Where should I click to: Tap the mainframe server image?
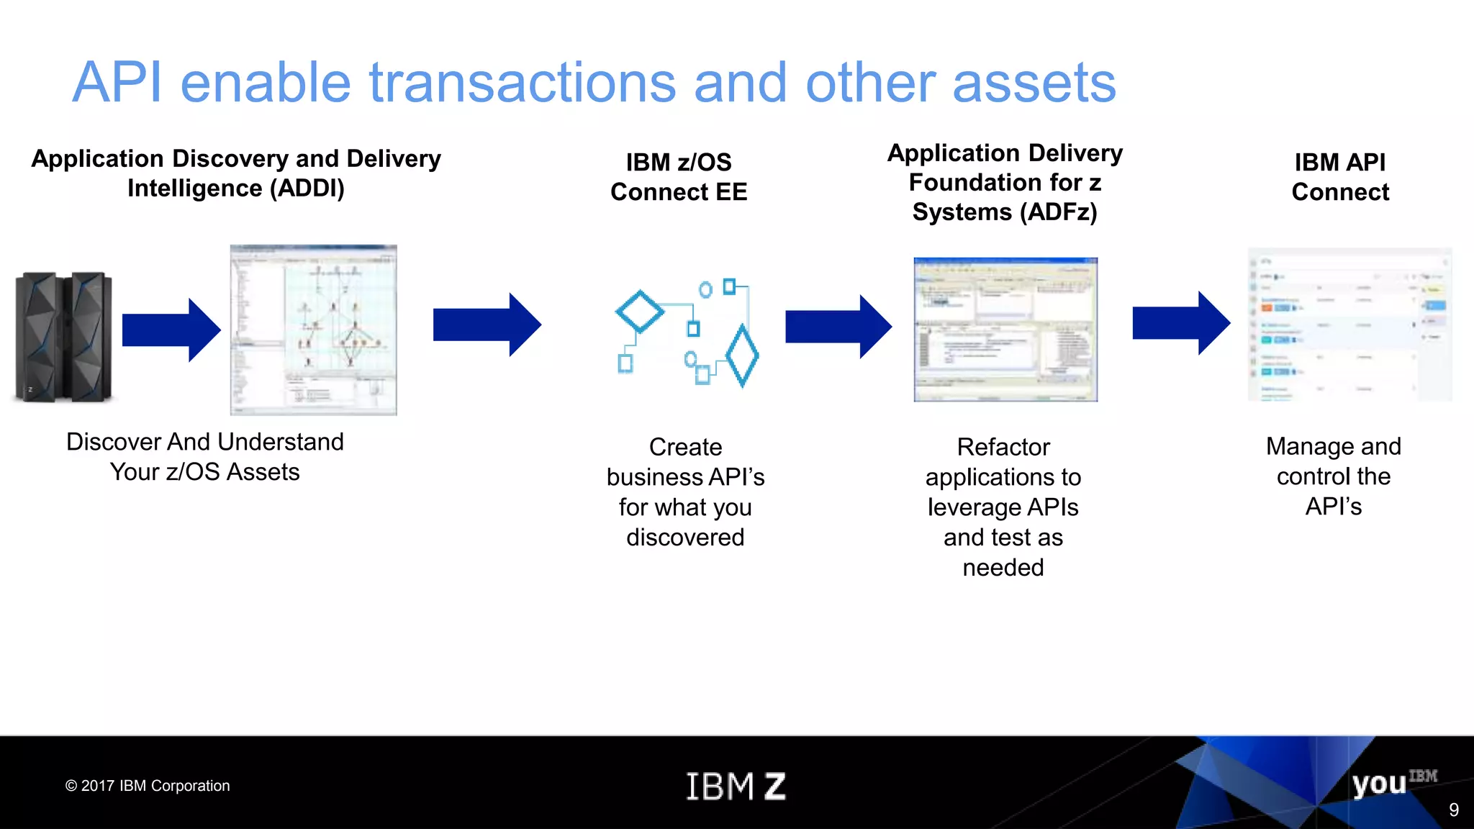(x=63, y=336)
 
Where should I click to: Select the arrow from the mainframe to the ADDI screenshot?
(x=171, y=330)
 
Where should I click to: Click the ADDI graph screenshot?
(x=313, y=330)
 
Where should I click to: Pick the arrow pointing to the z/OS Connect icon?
(x=487, y=325)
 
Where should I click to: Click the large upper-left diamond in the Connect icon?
(x=639, y=312)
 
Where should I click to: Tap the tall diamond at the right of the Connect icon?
(x=742, y=355)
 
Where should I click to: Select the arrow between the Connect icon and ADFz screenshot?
(x=838, y=326)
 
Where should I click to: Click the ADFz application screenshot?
(x=1005, y=330)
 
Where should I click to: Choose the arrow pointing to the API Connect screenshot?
(x=1180, y=323)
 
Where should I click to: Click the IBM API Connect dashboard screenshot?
(x=1349, y=325)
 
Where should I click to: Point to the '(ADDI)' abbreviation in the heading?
(x=307, y=189)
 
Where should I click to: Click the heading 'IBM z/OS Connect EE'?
(x=679, y=177)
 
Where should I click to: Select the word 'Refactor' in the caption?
(x=1003, y=447)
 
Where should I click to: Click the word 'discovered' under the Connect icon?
(x=685, y=538)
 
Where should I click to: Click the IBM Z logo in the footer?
(x=736, y=786)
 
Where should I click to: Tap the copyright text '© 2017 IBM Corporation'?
(x=148, y=786)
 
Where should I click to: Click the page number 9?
(x=1453, y=810)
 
